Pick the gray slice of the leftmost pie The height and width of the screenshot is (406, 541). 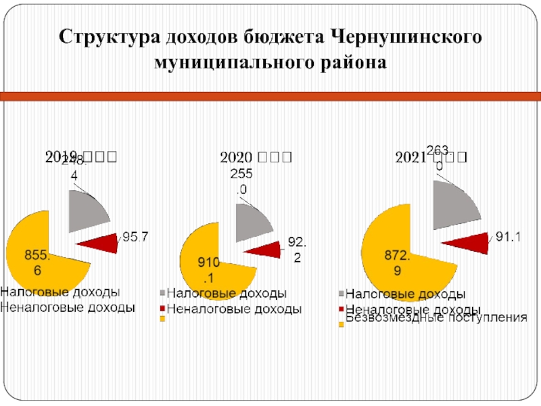(91, 210)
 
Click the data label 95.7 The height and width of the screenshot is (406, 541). (135, 238)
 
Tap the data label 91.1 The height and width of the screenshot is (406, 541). (508, 237)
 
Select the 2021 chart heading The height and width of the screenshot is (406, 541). (430, 158)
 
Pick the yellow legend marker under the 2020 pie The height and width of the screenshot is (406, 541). (162, 318)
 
